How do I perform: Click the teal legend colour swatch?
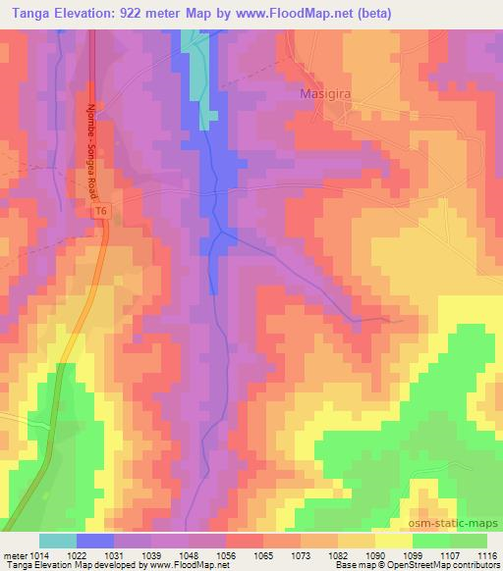click(58, 541)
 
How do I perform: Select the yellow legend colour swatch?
click(394, 541)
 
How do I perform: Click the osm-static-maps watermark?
click(460, 523)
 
